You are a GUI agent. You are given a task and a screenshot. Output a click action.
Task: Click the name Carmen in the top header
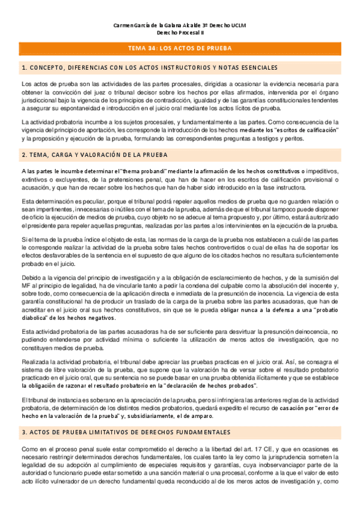[x=124, y=26]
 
